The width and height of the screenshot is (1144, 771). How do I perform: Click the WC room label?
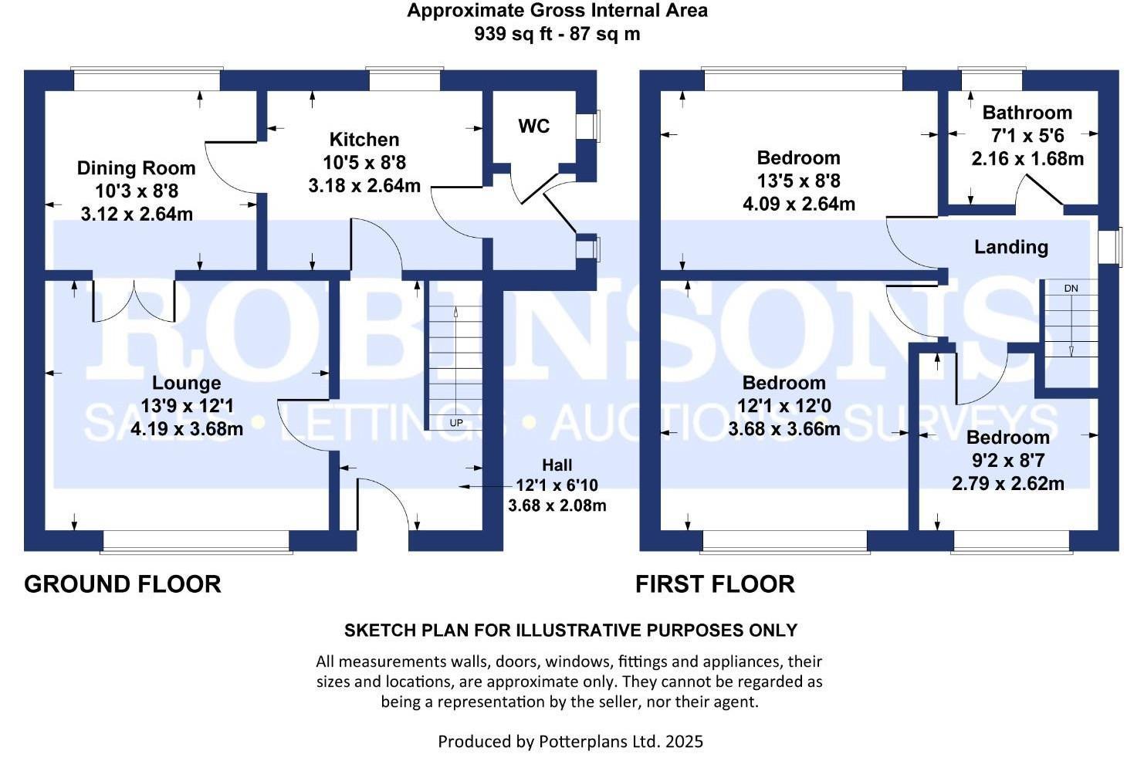[x=533, y=127]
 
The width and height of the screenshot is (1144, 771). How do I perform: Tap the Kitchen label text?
[x=364, y=140]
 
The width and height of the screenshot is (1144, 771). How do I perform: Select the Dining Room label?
[x=137, y=168]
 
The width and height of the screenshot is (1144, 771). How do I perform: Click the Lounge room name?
[x=186, y=383]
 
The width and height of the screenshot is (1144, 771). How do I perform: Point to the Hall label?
[x=557, y=465]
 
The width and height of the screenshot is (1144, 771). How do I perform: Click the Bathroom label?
[x=1027, y=113]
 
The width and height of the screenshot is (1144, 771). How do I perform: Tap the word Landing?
[x=1010, y=247]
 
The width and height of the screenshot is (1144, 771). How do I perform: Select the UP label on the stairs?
[x=456, y=423]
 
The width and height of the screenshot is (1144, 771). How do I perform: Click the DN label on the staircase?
[x=1071, y=289]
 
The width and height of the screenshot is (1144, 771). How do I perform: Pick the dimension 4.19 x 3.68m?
[x=187, y=429]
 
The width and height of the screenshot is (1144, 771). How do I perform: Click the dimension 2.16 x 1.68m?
[x=1027, y=159]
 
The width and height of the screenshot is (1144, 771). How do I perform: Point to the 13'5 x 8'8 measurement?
[x=798, y=181]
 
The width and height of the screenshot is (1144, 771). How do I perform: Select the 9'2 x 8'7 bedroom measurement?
[x=1007, y=461]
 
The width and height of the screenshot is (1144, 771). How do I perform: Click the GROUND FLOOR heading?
[x=123, y=584]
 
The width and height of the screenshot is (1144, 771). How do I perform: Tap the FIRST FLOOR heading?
[x=715, y=584]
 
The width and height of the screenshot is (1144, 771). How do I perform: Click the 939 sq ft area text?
[x=513, y=34]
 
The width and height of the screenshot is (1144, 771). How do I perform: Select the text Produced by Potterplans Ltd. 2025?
[x=570, y=742]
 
